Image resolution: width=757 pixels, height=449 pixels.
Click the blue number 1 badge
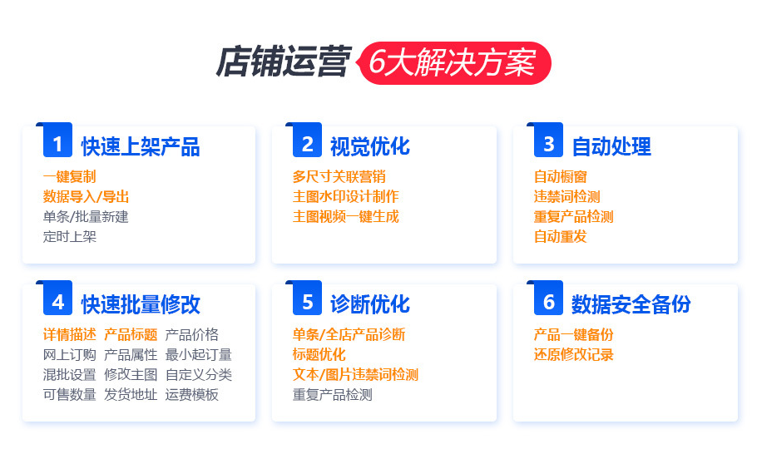pos(57,144)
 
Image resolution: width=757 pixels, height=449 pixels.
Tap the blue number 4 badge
pos(57,302)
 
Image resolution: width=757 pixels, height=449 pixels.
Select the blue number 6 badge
pos(548,302)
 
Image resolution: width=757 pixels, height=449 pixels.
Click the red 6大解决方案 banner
pos(454,64)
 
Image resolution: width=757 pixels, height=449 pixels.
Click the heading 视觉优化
pos(369,146)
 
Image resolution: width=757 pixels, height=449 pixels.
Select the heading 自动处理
pos(611,146)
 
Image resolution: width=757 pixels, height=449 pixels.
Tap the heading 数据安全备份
pos(631,304)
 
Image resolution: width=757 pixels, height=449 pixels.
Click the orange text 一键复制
pos(70,176)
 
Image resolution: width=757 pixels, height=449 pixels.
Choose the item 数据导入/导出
pos(86,196)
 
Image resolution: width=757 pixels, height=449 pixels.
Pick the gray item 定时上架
pos(70,236)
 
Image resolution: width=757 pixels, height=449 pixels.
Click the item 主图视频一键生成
pos(345,216)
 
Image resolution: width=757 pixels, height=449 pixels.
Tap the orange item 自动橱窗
pos(561,176)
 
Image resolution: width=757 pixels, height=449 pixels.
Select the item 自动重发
pos(561,236)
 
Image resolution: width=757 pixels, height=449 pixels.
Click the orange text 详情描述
pos(70,334)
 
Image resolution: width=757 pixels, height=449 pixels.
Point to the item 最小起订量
pos(198,354)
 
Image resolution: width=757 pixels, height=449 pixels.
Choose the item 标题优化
pos(319,354)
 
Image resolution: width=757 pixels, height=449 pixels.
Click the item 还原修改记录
pos(573,354)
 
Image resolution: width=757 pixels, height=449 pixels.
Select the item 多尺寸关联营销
pos(339,176)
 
